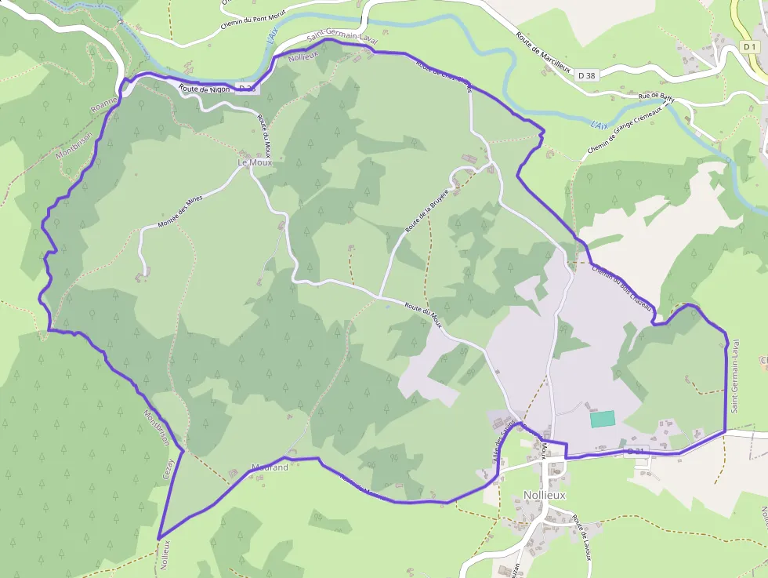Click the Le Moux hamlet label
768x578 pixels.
click(x=255, y=162)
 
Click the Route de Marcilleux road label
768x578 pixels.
click(x=543, y=53)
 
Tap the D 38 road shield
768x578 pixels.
click(x=586, y=75)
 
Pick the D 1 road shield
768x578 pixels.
click(x=750, y=47)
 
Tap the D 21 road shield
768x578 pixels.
click(x=637, y=451)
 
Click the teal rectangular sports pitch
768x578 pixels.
click(x=603, y=419)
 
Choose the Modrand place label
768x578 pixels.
click(x=270, y=467)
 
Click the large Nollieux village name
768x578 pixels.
click(x=544, y=495)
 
